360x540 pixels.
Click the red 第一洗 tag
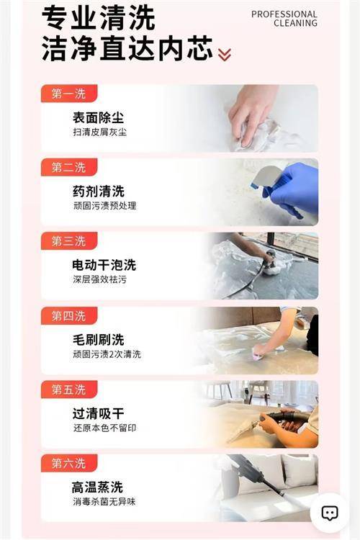(69, 94)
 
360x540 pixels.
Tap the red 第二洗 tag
(69, 167)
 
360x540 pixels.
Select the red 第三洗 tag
(69, 241)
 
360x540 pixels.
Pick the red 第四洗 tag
(69, 315)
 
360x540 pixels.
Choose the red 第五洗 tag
(69, 390)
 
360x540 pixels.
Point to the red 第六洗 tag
(69, 463)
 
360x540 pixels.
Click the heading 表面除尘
(98, 117)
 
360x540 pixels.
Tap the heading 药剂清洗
(98, 191)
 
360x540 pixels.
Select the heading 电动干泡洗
(104, 265)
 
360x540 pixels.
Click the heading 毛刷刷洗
(98, 340)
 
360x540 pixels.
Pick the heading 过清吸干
(98, 413)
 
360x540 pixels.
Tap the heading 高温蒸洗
(97, 487)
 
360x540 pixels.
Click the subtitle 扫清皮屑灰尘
(100, 132)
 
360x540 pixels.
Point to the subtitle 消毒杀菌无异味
(104, 501)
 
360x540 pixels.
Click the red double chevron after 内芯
(225, 55)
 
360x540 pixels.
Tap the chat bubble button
(329, 513)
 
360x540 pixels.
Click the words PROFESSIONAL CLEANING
(284, 19)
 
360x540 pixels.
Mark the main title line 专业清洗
(99, 19)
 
